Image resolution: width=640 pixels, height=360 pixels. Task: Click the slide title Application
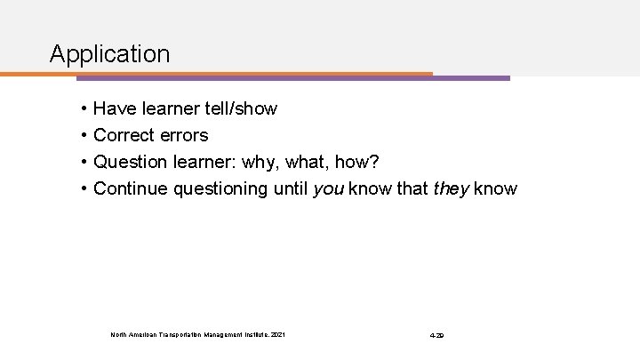click(x=109, y=54)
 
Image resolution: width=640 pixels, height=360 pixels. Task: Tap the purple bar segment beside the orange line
click(x=471, y=77)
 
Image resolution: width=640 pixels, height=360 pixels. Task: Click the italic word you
click(x=330, y=189)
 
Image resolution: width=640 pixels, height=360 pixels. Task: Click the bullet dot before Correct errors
click(x=82, y=136)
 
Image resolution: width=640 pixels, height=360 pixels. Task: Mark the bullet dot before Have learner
click(x=82, y=109)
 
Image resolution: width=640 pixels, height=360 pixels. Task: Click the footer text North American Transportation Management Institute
click(x=198, y=334)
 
